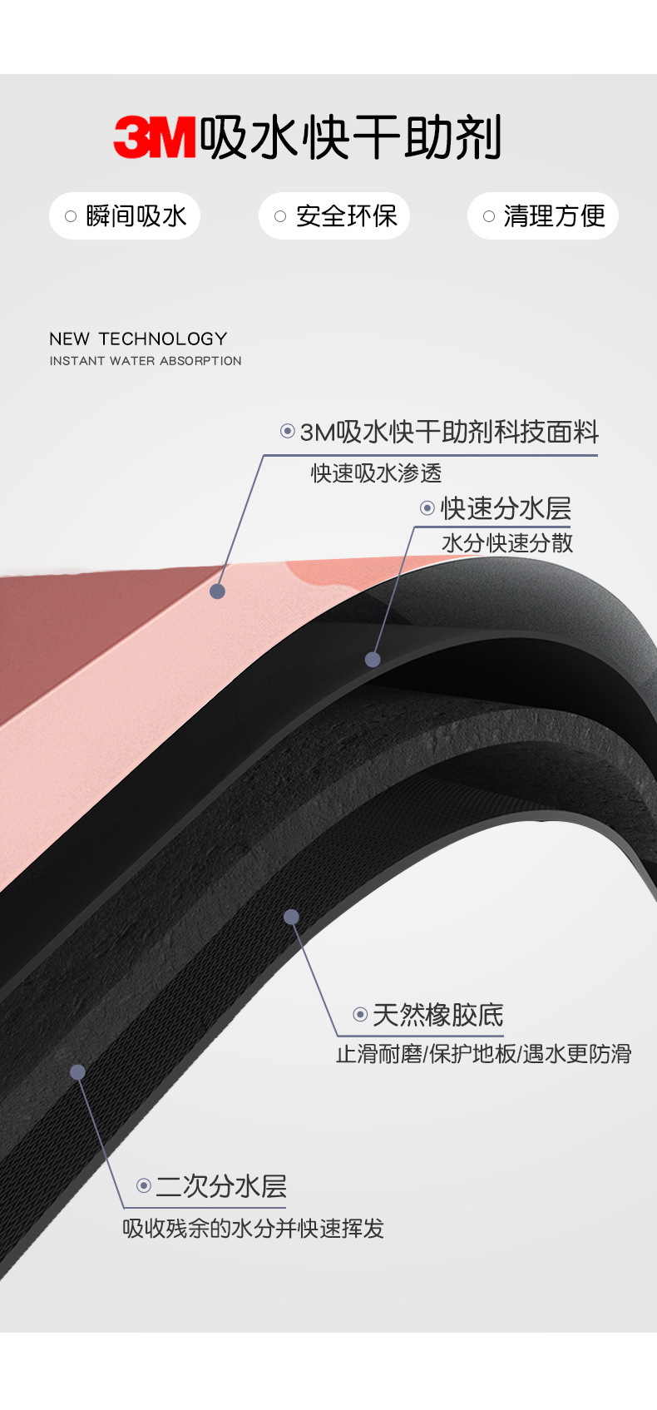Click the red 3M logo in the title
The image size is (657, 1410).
155,137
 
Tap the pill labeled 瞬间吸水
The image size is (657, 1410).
125,216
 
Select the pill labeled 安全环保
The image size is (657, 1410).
334,216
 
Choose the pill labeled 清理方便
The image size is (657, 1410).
543,216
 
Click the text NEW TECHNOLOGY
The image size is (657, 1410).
138,339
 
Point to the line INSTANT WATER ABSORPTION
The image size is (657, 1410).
146,361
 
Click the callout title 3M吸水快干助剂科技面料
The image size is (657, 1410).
449,432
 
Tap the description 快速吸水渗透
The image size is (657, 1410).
376,473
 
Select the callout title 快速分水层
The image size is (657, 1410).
506,508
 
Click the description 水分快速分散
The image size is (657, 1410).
507,543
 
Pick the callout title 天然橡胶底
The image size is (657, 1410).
437,1015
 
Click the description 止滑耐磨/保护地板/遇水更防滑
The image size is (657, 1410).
483,1054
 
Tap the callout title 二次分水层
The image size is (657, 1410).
221,1186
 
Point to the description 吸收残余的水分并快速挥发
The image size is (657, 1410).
253,1229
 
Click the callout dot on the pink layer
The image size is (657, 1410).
218,591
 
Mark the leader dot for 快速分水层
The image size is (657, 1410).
373,660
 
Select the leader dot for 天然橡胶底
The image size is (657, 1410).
291,917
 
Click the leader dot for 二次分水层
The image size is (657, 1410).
77,1072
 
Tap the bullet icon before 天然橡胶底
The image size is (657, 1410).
360,1015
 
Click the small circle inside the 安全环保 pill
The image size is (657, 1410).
280,216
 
